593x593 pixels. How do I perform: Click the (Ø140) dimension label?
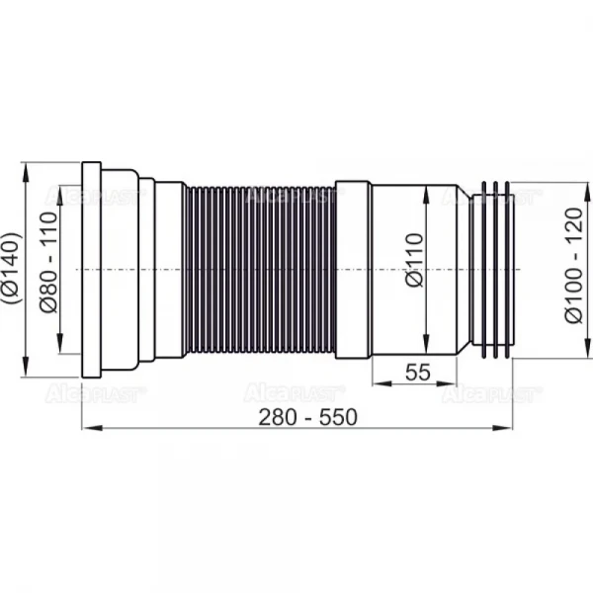tap(11, 268)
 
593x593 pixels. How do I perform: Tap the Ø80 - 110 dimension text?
tap(48, 263)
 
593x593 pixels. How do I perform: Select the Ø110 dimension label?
tap(414, 260)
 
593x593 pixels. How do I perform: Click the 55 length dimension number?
tap(417, 373)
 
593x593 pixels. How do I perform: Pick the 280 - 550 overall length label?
tap(307, 417)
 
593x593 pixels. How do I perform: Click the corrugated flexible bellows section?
tap(260, 270)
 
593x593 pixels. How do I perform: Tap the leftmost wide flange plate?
tap(92, 270)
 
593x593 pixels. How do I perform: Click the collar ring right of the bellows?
tap(354, 270)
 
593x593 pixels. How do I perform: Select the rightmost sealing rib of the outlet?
tap(508, 270)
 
